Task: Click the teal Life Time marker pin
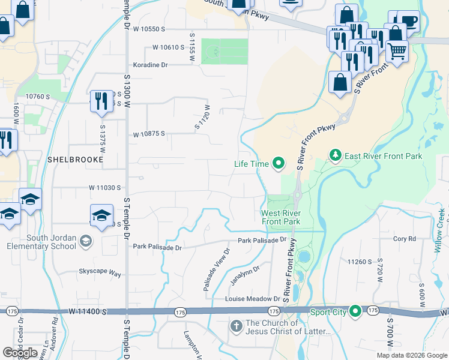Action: coord(278,163)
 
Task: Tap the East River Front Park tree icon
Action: coord(335,156)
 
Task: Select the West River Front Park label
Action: coord(280,217)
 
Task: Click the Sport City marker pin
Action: coord(355,311)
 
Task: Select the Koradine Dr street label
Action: coord(150,64)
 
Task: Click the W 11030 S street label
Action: coord(106,188)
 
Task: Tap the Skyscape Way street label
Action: coord(100,274)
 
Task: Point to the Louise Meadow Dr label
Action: coord(252,299)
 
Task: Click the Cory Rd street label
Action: coord(404,239)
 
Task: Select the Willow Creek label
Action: coord(441,223)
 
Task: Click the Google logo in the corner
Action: coord(20,353)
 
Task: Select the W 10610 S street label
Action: coord(167,47)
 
